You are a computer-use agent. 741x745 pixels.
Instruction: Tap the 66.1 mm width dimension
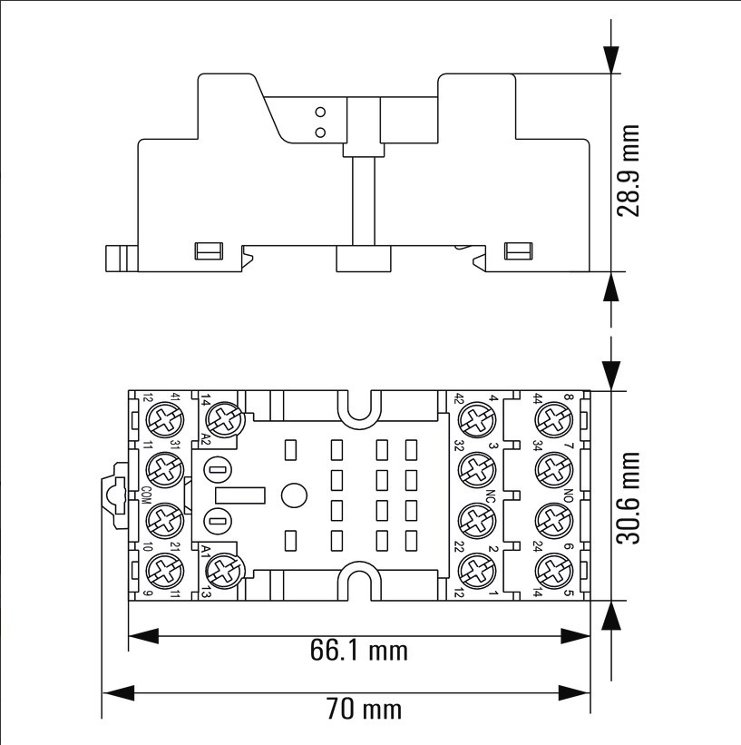359,650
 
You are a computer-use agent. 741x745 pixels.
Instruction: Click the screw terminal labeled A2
223,419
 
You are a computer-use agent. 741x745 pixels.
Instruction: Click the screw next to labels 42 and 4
473,419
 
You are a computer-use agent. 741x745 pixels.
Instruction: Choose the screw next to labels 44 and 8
551,419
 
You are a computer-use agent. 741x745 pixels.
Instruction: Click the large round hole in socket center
293,495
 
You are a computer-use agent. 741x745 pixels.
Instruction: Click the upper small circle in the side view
319,113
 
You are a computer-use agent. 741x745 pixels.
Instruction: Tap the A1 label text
207,551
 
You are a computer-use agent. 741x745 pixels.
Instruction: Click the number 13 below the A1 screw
207,592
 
